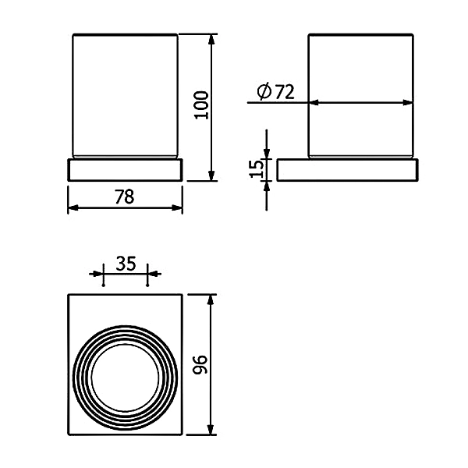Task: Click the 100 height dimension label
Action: point(201,105)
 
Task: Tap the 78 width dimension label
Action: point(125,197)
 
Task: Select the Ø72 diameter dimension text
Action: point(275,91)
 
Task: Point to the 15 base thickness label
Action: point(257,169)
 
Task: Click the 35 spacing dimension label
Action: point(126,264)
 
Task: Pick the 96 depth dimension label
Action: point(200,365)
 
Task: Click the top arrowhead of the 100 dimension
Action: point(211,39)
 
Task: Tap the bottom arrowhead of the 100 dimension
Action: point(211,175)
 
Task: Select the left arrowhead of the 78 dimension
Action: point(73,207)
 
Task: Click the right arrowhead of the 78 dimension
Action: point(177,207)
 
